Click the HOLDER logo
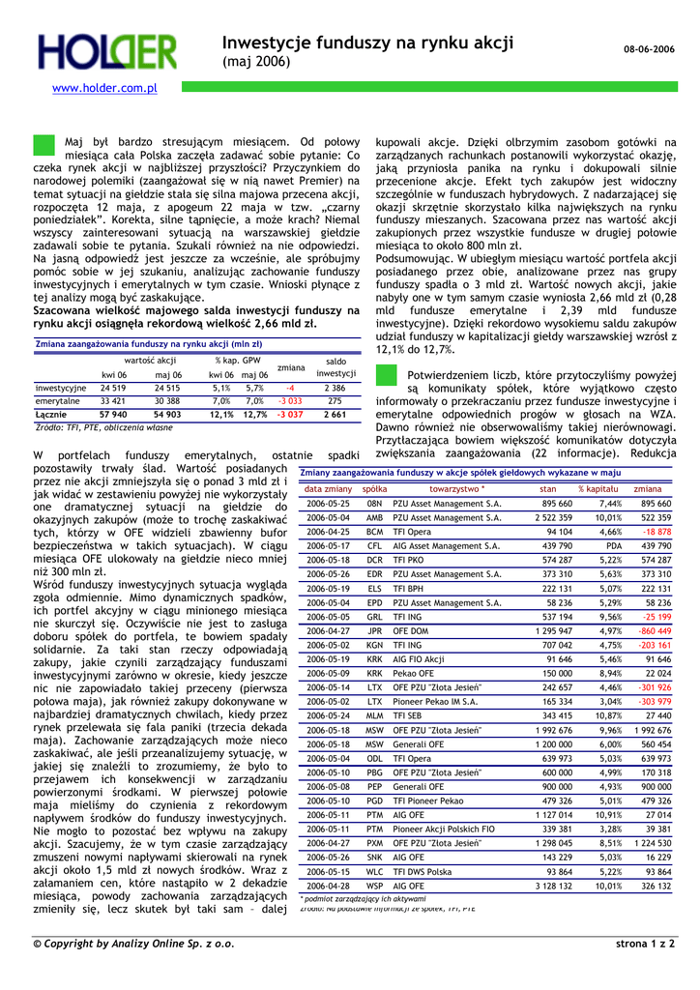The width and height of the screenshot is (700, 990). point(107,53)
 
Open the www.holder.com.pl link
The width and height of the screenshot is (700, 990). point(104,88)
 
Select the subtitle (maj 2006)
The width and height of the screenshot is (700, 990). point(255,62)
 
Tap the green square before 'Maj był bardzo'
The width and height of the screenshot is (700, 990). point(44,146)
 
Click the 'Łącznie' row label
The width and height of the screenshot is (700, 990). point(50,415)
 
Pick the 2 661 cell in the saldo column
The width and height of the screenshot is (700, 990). point(335,415)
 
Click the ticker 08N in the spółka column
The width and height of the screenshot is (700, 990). point(374,504)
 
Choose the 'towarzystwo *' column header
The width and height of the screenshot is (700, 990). point(456,489)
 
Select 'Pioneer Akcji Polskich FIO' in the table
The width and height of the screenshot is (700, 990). point(444,829)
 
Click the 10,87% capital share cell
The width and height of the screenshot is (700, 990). point(606,715)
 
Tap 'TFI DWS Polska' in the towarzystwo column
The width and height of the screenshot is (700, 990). point(423,871)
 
